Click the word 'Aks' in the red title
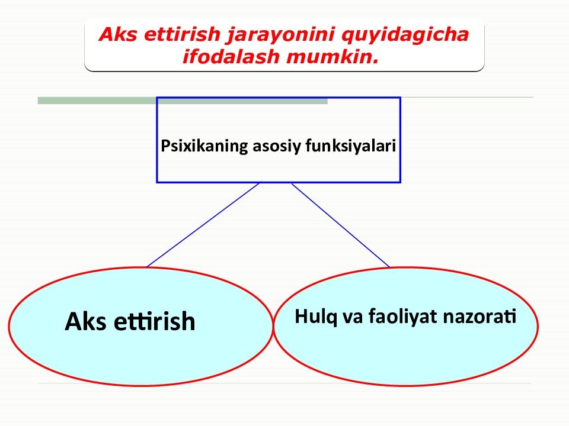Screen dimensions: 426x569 115,34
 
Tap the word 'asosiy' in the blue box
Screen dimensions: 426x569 277,146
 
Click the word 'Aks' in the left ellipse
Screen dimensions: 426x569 85,322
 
